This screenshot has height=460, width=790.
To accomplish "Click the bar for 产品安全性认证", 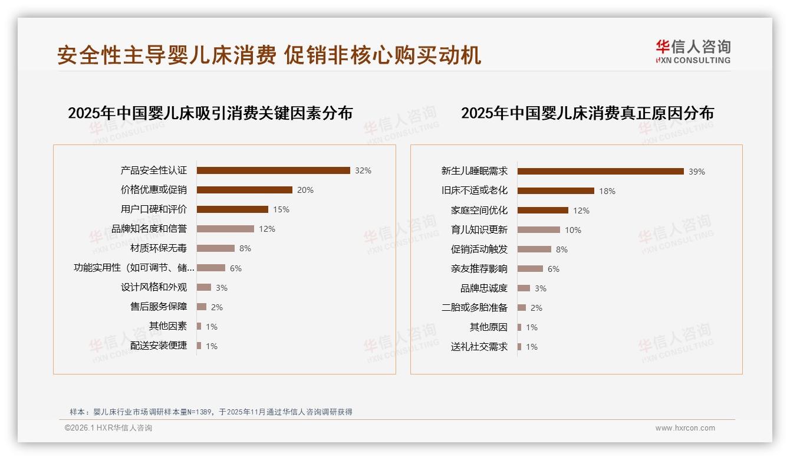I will click(x=273, y=170).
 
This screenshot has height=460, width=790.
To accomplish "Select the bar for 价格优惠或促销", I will click(x=244, y=190).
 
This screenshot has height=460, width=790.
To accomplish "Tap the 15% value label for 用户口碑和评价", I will click(x=281, y=209).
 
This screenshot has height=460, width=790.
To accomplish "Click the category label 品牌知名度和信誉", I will click(x=149, y=229).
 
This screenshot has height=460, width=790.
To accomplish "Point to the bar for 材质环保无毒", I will click(x=215, y=248).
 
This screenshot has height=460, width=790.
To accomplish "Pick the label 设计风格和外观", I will click(x=154, y=287).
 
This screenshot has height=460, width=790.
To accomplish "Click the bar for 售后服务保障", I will click(x=202, y=307).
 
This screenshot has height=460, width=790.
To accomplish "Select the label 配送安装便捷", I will click(x=159, y=346).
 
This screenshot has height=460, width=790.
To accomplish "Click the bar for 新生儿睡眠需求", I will click(x=600, y=172).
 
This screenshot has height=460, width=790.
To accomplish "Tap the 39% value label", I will click(x=697, y=172).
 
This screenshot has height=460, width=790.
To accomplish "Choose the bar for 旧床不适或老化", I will click(x=555, y=191).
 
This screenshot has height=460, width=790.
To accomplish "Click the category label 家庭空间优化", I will click(x=479, y=211).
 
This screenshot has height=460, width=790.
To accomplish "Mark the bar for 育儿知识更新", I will click(x=538, y=230).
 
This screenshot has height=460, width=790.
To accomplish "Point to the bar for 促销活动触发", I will click(x=534, y=249).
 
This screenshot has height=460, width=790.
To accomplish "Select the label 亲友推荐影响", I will click(x=479, y=269).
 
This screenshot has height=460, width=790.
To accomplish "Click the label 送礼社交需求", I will click(x=479, y=347).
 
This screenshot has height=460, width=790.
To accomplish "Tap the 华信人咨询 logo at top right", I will click(x=693, y=51).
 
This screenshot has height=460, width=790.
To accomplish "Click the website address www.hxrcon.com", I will click(x=685, y=428).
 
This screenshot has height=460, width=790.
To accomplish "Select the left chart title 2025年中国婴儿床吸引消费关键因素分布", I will click(x=210, y=113).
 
